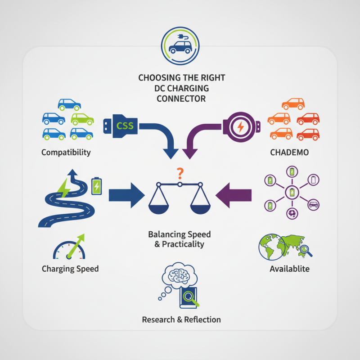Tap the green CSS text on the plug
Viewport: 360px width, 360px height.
click(x=125, y=126)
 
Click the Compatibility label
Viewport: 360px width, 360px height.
click(x=66, y=152)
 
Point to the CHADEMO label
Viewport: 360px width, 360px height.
click(x=290, y=152)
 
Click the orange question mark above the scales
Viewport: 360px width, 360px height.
click(x=180, y=172)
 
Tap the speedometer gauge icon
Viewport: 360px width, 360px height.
click(x=67, y=249)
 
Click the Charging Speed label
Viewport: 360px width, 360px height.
click(x=70, y=269)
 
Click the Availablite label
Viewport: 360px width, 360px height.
click(x=289, y=269)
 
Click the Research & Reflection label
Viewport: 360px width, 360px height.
click(x=181, y=319)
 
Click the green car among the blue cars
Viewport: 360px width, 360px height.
click(x=82, y=119)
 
